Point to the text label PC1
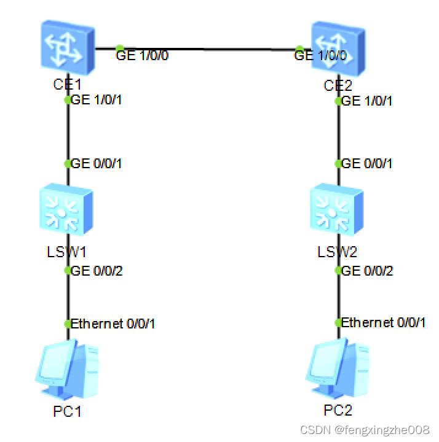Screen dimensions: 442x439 click(x=68, y=411)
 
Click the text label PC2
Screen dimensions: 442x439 click(x=338, y=411)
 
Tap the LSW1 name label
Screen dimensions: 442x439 click(x=66, y=252)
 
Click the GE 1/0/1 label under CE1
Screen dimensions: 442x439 click(x=97, y=100)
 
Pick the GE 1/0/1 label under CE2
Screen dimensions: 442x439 click(x=366, y=100)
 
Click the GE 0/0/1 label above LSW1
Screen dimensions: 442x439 click(x=97, y=164)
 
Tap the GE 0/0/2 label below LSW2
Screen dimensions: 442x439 click(x=367, y=271)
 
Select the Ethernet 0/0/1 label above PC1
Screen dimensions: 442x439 click(x=113, y=324)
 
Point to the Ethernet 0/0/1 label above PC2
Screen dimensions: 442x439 click(x=383, y=324)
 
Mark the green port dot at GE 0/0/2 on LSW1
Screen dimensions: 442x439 click(x=68, y=271)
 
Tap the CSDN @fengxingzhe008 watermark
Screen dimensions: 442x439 click(x=365, y=429)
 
